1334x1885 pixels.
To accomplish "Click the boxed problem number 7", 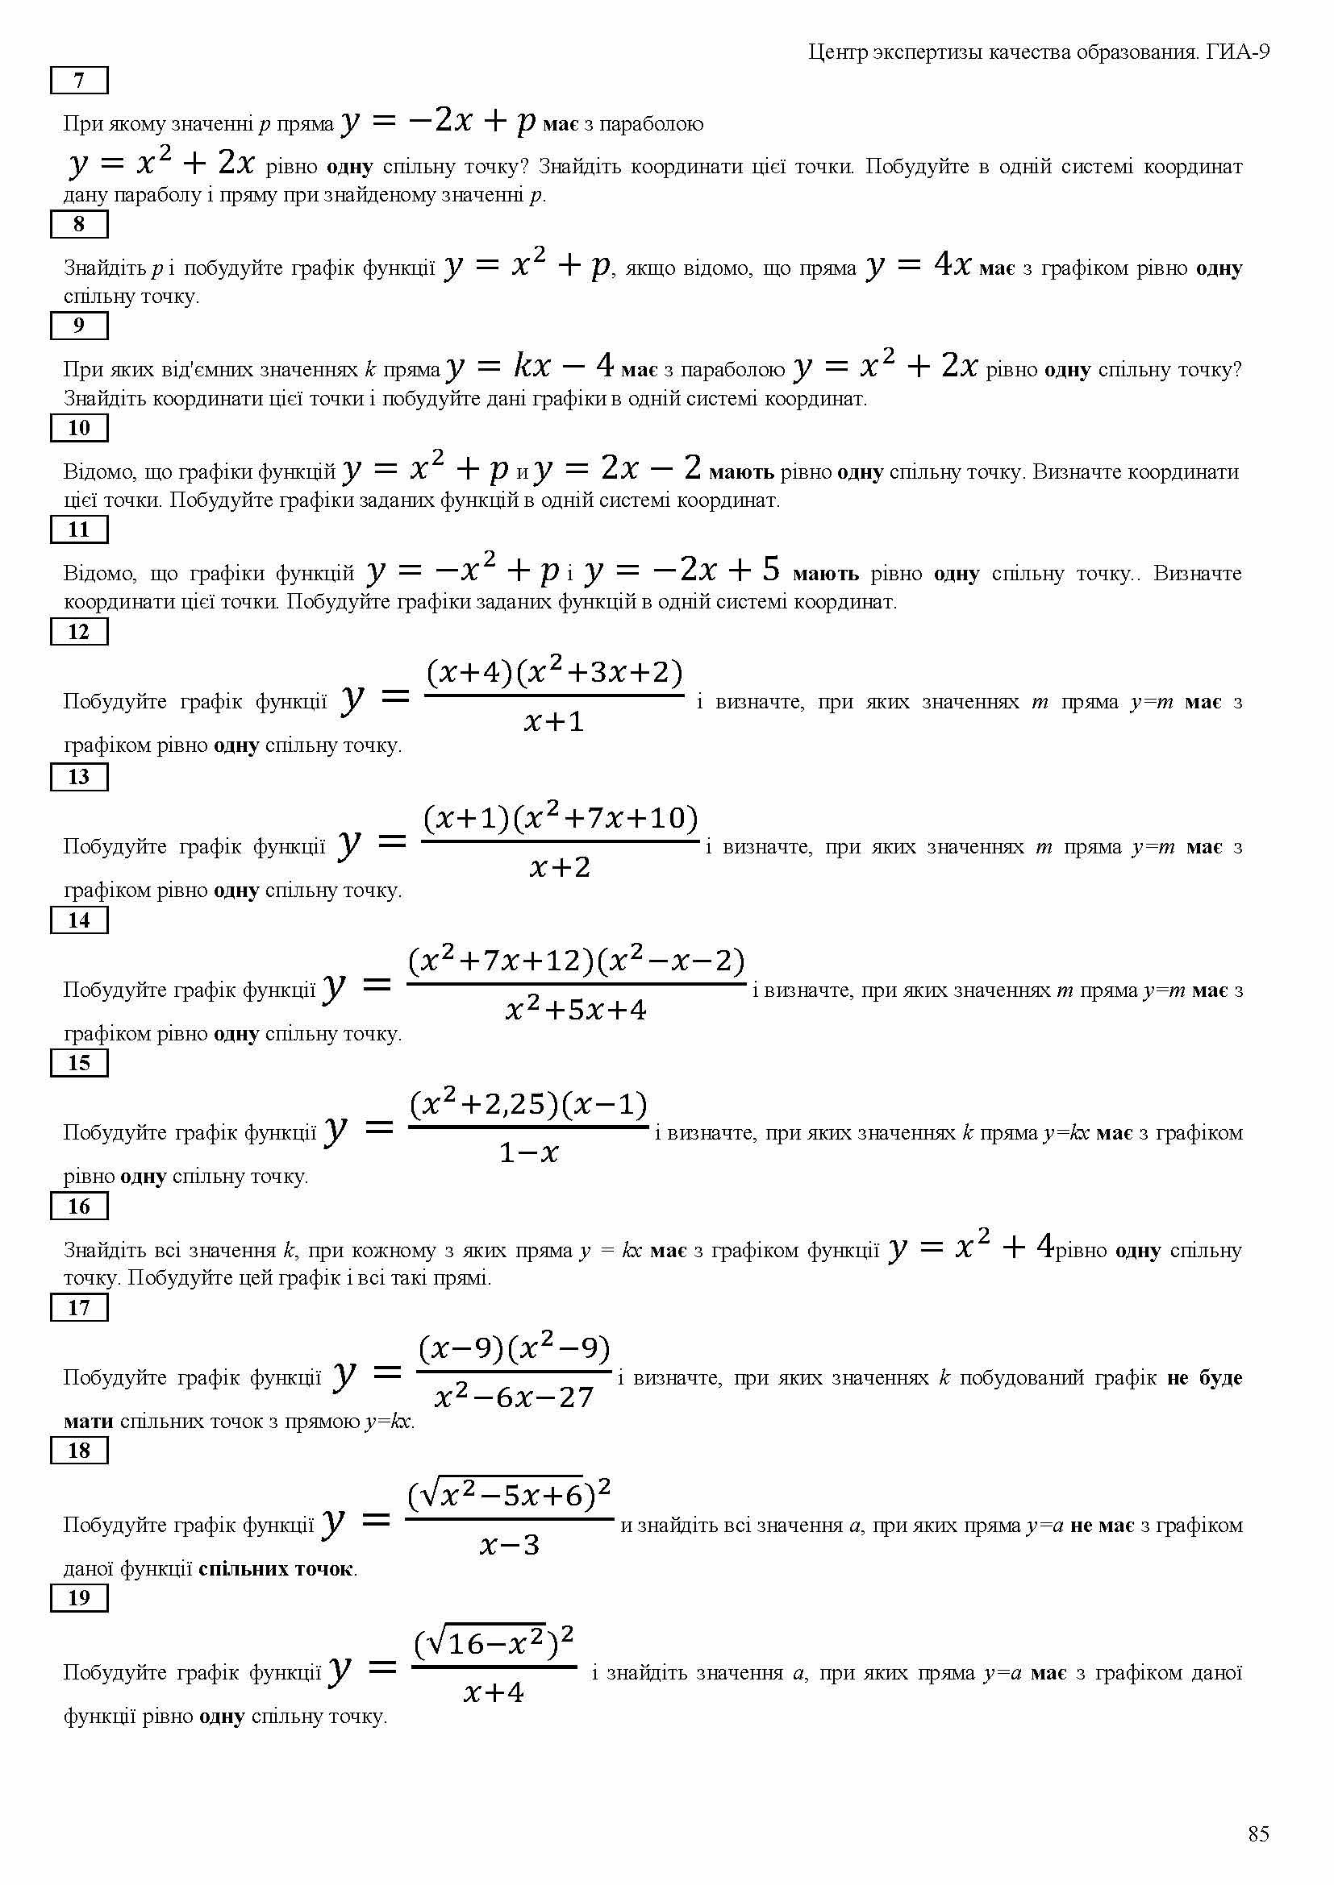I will pos(79,81).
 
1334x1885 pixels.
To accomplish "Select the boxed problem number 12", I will pos(79,631).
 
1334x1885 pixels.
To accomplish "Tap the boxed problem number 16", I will pos(79,1206).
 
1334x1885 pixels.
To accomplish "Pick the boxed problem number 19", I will pos(79,1597).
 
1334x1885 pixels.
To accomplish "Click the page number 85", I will pos(1258,1834).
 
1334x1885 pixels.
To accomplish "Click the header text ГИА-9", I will pos(1238,52).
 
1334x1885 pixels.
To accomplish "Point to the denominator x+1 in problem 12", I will pos(553,721).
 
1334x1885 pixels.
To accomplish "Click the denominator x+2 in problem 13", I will pos(561,867).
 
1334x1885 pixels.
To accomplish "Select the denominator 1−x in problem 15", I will pos(529,1153).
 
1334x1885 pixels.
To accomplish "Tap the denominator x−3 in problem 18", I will pos(509,1546).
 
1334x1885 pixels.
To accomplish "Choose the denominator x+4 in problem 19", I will pos(493,1693).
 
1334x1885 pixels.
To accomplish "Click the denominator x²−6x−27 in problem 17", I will pos(515,1397).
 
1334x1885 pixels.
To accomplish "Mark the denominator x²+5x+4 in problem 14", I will pos(576,1010).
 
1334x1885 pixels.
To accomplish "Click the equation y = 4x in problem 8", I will pos(919,266).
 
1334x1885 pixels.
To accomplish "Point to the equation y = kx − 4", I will pos(530,366).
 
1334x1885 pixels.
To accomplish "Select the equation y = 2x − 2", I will pos(618,469).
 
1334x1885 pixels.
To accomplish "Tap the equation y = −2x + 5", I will pos(682,570).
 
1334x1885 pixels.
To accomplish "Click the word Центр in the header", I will pos(838,52).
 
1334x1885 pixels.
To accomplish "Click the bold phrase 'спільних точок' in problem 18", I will pos(276,1569).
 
